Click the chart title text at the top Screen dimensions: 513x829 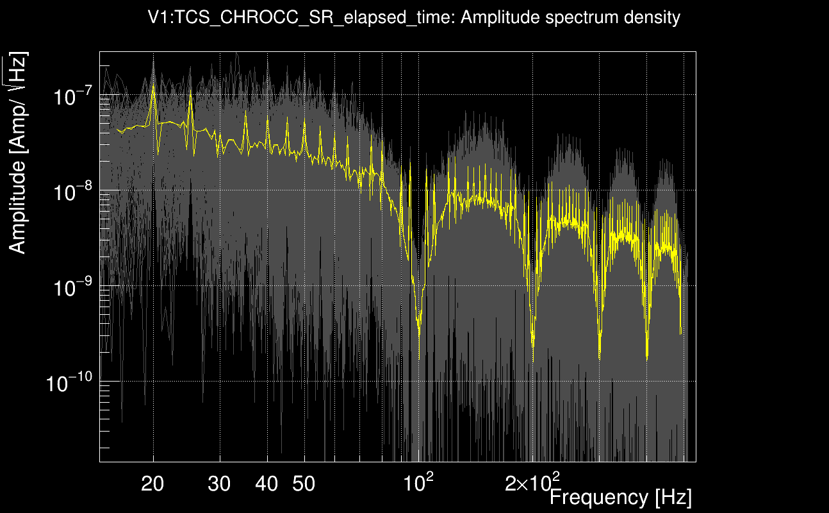[414, 17]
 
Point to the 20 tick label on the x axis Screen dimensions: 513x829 [152, 484]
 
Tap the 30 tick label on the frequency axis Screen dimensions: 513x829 [220, 484]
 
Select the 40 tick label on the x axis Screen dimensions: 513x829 [267, 484]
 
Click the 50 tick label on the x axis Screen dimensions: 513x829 [304, 484]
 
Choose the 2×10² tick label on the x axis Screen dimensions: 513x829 [532, 482]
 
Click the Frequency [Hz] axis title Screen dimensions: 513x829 [620, 497]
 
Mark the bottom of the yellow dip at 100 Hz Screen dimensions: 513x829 [419, 358]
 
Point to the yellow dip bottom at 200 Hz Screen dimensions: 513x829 [534, 360]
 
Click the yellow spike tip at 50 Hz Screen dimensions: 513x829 [304, 122]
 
